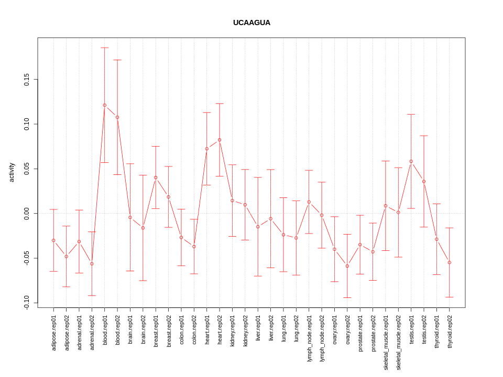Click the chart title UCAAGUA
point(251,23)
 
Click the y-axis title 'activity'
point(12,172)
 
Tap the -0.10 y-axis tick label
point(27,303)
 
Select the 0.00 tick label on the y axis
point(27,214)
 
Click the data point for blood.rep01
point(105,105)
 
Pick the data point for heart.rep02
point(220,140)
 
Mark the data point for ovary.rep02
point(347,266)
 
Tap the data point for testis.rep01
point(411,161)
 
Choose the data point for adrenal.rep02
point(92,264)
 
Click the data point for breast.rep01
point(156,178)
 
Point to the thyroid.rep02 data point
point(450,262)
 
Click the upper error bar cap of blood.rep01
point(105,48)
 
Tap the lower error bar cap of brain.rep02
point(143,281)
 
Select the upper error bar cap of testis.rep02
point(424,136)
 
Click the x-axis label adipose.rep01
point(53,332)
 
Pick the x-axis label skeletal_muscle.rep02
point(398,342)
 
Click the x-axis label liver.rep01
point(258,329)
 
